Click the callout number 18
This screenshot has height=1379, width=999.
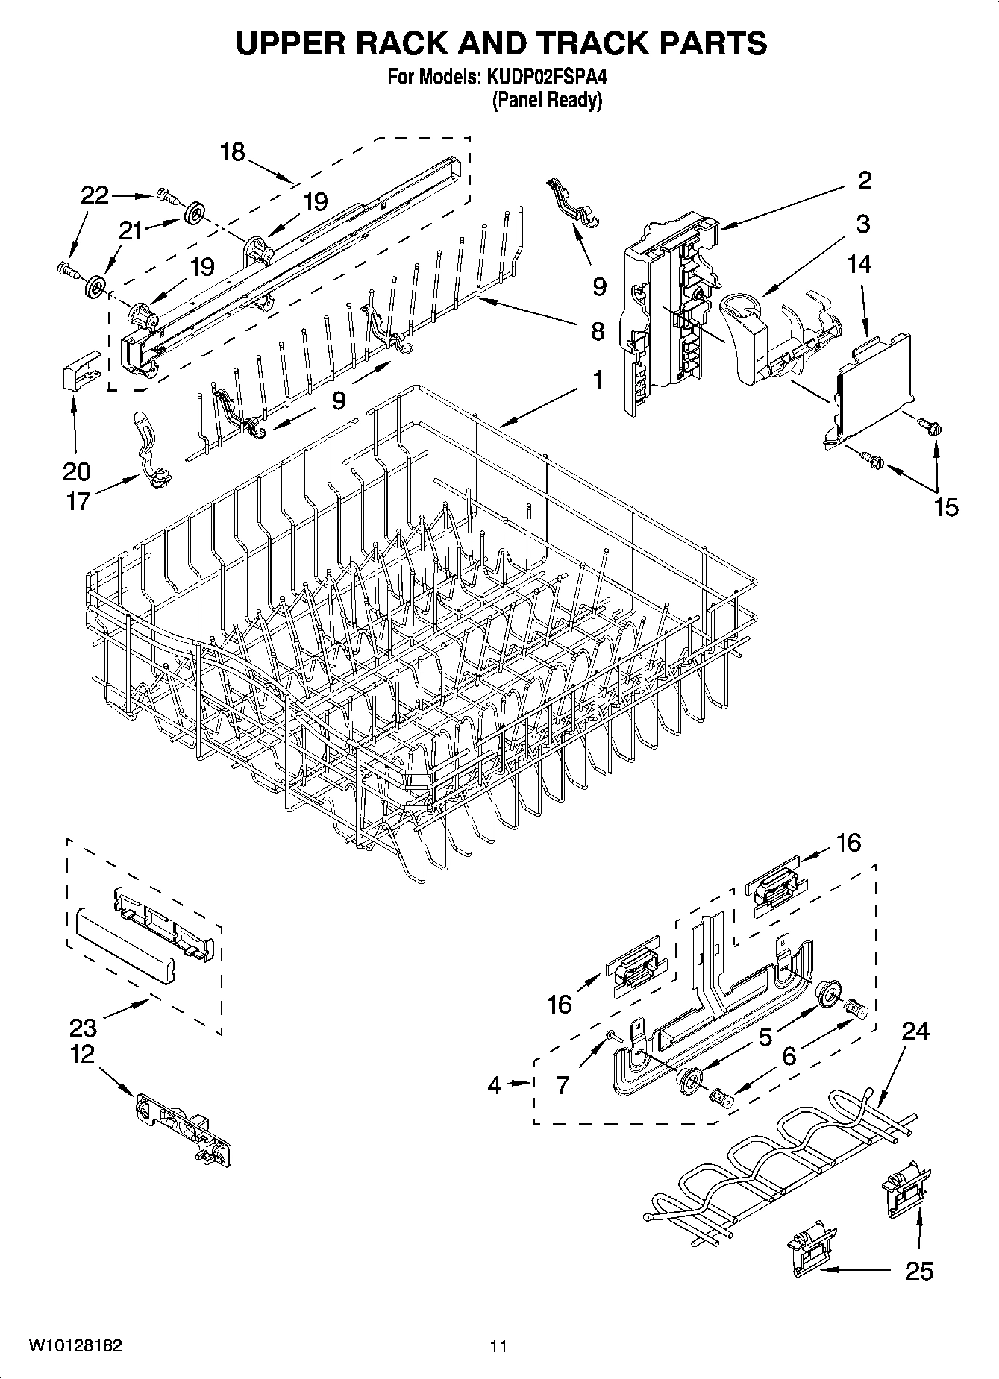point(233,152)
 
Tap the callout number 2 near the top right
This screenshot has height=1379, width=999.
point(865,180)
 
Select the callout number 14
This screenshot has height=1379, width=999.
point(859,264)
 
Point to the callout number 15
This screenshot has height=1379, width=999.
point(946,507)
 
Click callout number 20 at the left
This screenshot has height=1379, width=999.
point(77,471)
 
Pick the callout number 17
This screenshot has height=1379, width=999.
point(78,500)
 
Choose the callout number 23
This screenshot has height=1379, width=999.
point(83,1028)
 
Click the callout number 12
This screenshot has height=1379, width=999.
point(83,1055)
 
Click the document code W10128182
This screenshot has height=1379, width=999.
point(75,1345)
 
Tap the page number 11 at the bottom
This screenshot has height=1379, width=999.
point(498,1345)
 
